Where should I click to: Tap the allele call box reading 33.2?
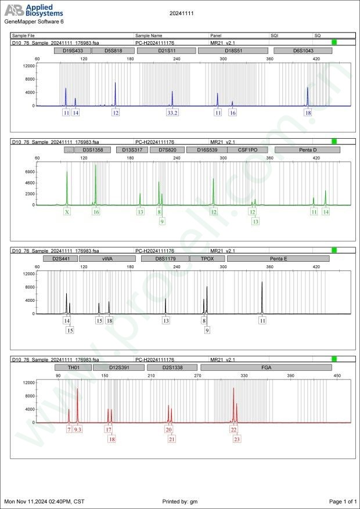(172, 113)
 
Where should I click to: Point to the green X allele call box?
(67, 212)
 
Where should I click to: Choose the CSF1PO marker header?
(247, 150)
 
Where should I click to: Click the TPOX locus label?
(207, 258)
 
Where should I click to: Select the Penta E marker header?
(278, 258)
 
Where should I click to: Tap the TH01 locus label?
(73, 367)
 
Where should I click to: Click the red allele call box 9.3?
(78, 429)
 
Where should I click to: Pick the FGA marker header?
(265, 367)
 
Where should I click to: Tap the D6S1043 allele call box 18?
(308, 113)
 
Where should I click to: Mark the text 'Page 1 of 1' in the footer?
(342, 501)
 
